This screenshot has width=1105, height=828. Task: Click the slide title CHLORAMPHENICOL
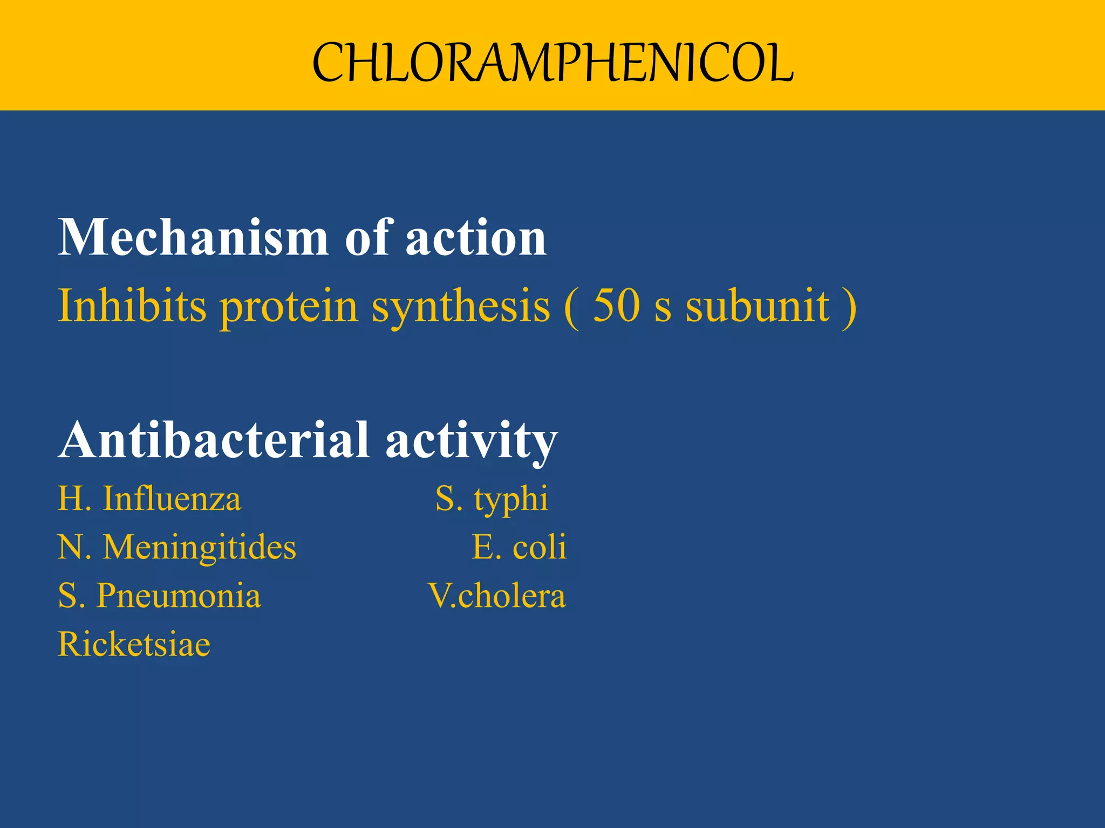point(552,63)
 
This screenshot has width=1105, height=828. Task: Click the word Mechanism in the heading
point(193,238)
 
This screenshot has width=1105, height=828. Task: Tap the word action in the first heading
point(476,238)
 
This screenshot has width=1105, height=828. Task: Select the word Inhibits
point(132,306)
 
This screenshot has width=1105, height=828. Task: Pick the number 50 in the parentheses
point(616,306)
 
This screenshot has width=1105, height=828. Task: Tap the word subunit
point(757,306)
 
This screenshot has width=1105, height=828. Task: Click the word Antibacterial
point(214,440)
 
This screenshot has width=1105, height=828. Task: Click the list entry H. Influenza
point(149,499)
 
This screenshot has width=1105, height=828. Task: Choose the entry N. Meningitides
point(177,548)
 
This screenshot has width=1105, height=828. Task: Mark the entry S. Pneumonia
point(159,597)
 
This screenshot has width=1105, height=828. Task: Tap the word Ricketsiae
point(134,644)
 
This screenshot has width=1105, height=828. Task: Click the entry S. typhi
point(492,500)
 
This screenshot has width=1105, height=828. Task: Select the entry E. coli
point(519,548)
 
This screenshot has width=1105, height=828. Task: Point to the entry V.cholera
point(497,596)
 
